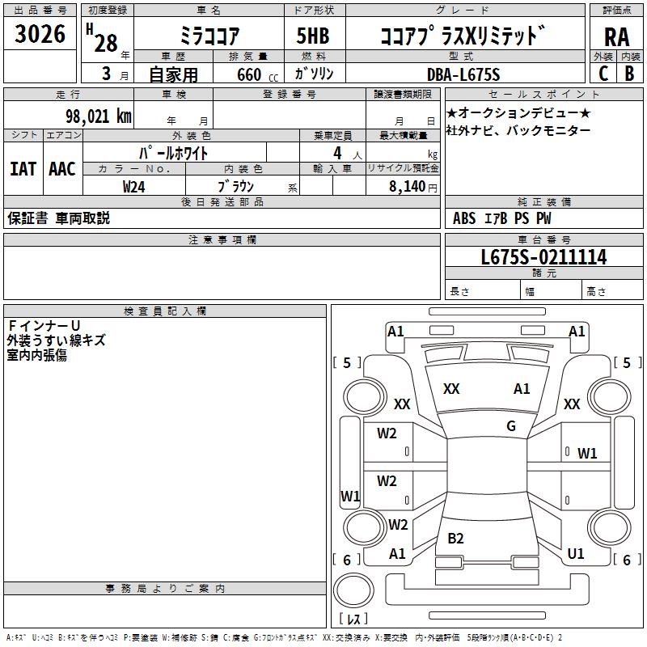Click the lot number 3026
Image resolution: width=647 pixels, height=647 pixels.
point(40,35)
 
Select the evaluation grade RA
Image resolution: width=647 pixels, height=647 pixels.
point(616,36)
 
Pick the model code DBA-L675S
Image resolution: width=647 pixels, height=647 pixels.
point(463,74)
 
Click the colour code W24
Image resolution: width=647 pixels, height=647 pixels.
point(134,185)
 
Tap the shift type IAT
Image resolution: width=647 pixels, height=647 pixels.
point(23,168)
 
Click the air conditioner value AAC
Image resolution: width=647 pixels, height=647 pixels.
point(62,168)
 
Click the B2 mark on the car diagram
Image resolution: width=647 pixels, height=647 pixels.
point(455,539)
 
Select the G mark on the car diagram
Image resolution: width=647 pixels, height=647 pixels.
point(510,426)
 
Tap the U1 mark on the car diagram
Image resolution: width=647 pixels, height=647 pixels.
point(576,554)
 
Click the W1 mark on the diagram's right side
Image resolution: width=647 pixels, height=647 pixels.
point(587,454)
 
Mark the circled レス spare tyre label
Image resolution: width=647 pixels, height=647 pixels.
point(353,620)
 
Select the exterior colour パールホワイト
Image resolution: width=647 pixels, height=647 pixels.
point(174,152)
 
